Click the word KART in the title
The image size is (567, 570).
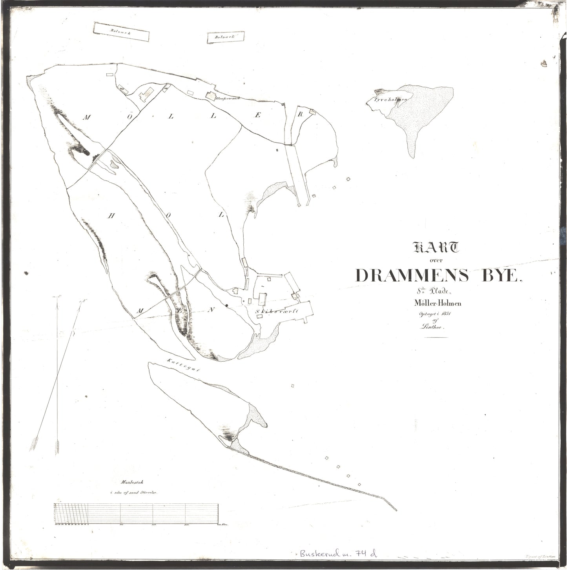tap(435, 248)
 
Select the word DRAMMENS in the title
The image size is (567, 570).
tap(412, 276)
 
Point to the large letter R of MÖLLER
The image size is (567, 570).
tap(301, 115)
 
